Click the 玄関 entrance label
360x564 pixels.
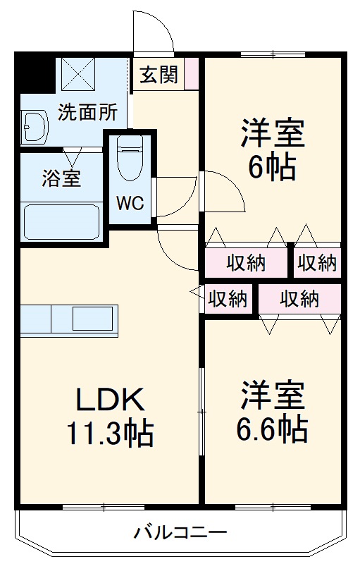click(x=159, y=75)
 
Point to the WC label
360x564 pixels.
click(x=130, y=204)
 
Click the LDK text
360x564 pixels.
click(x=110, y=401)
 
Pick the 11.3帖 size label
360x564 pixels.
click(x=110, y=433)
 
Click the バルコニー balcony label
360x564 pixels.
click(x=180, y=532)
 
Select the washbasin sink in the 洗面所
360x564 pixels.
click(x=33, y=128)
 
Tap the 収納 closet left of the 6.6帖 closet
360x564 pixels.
click(x=228, y=300)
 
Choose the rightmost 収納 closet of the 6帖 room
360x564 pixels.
click(x=316, y=263)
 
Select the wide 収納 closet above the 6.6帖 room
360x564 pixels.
click(x=299, y=299)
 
